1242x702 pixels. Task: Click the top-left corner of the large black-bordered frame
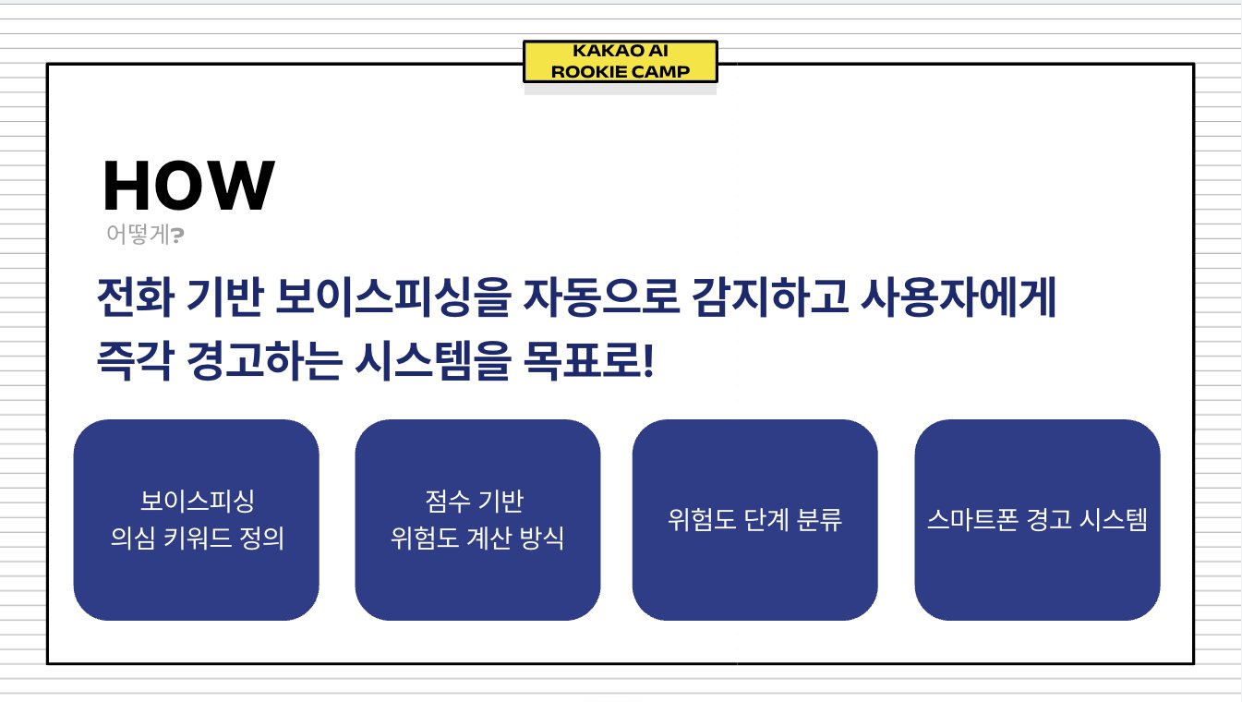click(x=48, y=65)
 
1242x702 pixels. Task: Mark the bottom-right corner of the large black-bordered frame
click(x=1194, y=663)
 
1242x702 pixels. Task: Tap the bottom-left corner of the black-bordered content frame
click(x=48, y=663)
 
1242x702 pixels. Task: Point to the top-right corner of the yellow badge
click(x=717, y=41)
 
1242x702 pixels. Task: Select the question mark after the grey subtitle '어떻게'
click(x=177, y=236)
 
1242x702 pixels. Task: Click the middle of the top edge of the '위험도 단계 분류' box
click(x=754, y=419)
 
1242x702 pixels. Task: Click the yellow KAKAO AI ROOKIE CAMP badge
click(x=621, y=62)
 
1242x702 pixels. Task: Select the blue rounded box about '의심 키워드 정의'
click(x=197, y=520)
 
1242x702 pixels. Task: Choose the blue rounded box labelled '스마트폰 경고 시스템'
click(x=1037, y=520)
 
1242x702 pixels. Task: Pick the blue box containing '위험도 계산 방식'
click(x=477, y=520)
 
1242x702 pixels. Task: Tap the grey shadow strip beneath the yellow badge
click(x=621, y=89)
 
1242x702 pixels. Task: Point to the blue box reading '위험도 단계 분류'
click(x=754, y=520)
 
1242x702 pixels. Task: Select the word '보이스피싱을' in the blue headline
click(x=392, y=297)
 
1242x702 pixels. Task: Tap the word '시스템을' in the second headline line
click(x=432, y=360)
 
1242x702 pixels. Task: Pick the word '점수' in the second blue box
click(x=448, y=501)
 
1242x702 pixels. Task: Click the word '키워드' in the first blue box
click(x=197, y=538)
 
